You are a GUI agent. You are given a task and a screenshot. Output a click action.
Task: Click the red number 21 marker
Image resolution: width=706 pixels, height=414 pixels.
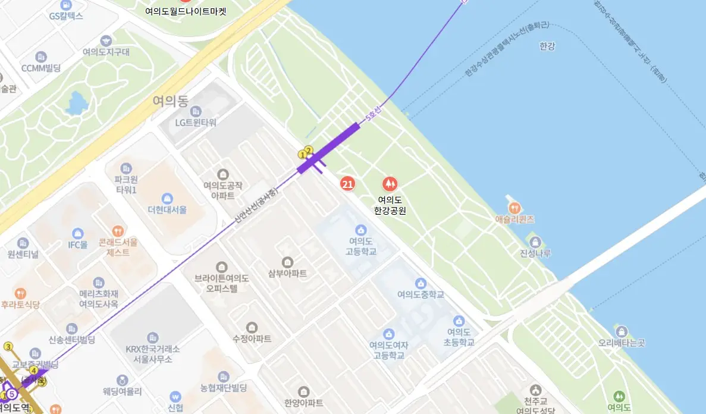pos(347,184)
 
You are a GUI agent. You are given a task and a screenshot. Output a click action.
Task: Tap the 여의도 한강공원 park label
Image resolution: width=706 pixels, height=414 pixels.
pos(390,205)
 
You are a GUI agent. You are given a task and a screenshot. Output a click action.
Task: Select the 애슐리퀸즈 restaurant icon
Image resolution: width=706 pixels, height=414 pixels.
pos(516,208)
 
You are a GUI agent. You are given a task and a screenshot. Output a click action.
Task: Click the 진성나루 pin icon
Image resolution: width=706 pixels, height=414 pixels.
pos(535,242)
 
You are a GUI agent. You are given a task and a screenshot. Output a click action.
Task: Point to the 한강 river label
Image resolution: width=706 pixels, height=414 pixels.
pos(547,46)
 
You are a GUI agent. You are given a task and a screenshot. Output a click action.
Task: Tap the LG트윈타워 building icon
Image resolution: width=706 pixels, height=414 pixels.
pos(196,111)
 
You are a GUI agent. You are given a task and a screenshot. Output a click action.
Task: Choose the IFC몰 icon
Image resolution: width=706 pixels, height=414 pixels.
pos(77,233)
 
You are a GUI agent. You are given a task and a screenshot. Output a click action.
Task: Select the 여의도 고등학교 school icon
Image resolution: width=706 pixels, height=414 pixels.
pos(360,230)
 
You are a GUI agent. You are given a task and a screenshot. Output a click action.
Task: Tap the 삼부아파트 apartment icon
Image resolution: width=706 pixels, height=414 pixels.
pos(287,262)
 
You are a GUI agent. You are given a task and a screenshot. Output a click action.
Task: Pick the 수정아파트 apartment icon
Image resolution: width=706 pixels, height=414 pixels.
pos(252,327)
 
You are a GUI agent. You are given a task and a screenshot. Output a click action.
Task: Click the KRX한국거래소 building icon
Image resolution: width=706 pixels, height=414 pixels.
pos(153,337)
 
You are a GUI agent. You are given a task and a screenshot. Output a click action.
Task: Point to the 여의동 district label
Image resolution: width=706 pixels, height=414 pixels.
pos(170,101)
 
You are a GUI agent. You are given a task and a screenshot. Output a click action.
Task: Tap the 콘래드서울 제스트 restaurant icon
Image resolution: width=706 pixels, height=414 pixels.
pos(118,230)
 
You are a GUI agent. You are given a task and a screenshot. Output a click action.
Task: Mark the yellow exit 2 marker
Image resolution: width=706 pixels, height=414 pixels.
pos(308,150)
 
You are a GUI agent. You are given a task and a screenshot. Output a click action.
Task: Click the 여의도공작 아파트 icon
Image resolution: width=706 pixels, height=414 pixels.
pos(223,174)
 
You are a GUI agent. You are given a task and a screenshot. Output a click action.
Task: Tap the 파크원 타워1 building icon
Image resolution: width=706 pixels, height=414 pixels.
pos(125,168)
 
